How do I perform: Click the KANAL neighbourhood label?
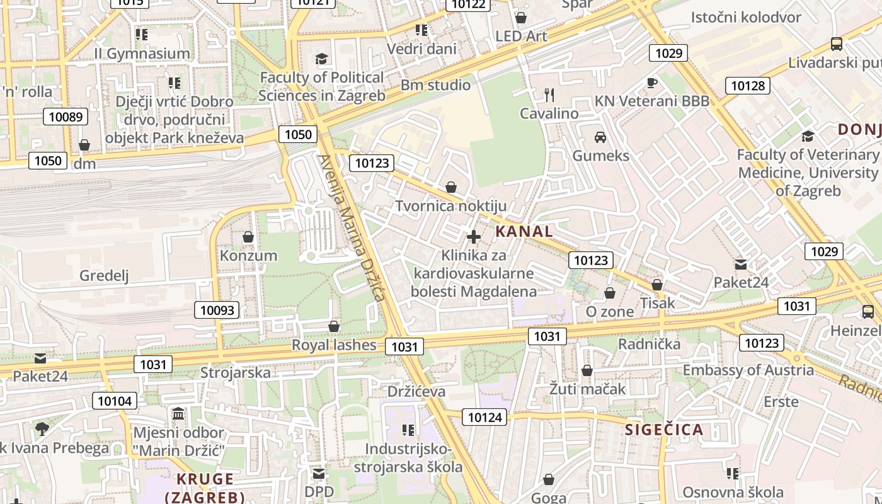524,231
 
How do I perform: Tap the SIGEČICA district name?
664,430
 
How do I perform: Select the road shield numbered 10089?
66,117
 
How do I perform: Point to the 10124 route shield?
485,416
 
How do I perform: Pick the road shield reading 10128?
748,86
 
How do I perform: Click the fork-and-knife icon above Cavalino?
549,95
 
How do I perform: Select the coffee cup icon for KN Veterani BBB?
652,83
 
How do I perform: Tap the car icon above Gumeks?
600,137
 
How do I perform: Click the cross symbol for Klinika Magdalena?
474,237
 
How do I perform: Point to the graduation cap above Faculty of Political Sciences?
322,59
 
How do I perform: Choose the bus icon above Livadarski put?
837,44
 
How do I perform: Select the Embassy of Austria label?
748,370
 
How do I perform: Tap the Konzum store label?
248,255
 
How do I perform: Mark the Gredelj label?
104,275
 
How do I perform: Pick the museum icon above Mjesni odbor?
178,414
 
